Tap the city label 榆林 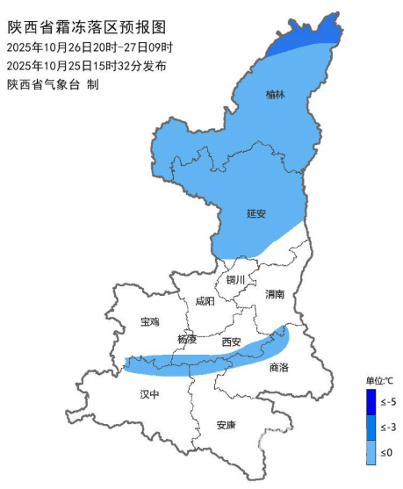(x=276, y=93)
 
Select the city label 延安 (x=255, y=213)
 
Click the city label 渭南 (x=275, y=295)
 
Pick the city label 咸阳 (x=204, y=300)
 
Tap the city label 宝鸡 (x=150, y=322)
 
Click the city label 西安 (x=231, y=342)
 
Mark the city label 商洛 (x=279, y=368)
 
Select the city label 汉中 (x=150, y=395)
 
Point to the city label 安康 (x=226, y=426)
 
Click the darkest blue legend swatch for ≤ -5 (x=371, y=401)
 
